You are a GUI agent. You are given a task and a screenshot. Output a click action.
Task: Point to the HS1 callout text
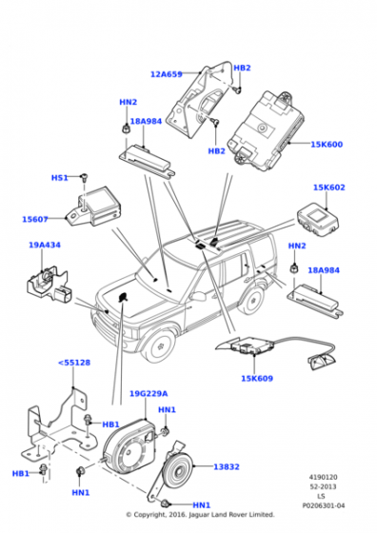[60, 178]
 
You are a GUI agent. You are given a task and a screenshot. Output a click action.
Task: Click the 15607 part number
[35, 219]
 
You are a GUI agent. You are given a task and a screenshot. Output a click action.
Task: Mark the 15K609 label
[256, 379]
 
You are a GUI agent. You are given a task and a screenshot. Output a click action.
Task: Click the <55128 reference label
[74, 363]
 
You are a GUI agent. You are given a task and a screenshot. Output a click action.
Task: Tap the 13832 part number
[227, 467]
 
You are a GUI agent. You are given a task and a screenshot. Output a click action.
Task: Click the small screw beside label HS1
[84, 178]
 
